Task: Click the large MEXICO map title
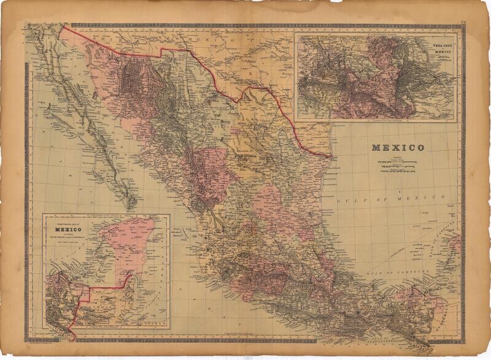point(397,148)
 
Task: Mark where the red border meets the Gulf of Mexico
point(332,156)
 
